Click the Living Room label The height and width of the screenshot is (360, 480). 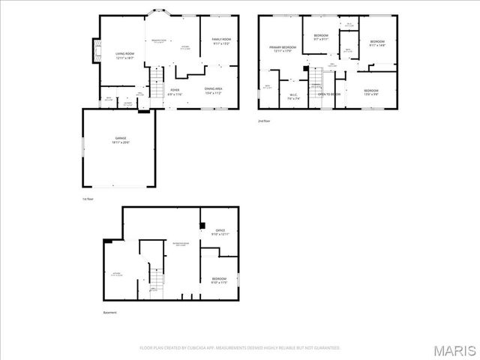pos(124,55)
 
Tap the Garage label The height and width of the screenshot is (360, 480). pos(121,140)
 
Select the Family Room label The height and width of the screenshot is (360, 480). pos(220,41)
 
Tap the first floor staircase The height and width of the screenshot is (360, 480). pos(156,77)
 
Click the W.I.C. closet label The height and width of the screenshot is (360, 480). pos(294,96)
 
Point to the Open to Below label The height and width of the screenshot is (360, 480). pos(328,95)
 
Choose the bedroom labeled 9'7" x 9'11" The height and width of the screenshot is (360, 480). pos(321,37)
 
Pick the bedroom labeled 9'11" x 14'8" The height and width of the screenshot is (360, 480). pos(376,43)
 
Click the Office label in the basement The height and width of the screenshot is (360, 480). pos(220,232)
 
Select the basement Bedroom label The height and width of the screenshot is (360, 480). pos(219,280)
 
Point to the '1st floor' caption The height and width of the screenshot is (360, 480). pos(88,199)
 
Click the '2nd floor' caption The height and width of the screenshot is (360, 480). pos(262,120)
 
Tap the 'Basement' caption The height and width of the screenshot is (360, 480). pos(110,312)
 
